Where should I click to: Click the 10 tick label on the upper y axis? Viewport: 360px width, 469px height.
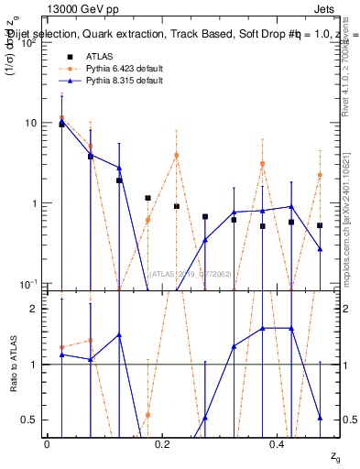point(31,124)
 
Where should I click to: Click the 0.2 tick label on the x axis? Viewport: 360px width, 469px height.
point(162,444)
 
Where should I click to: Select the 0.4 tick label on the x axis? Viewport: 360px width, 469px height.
point(278,444)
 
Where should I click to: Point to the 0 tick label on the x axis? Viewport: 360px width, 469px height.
point(47,444)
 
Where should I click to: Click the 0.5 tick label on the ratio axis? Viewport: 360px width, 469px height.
point(30,420)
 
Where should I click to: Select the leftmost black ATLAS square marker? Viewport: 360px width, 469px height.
point(61,123)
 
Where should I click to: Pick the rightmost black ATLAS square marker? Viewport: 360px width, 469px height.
point(320,225)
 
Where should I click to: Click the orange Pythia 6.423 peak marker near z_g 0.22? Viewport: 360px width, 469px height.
point(177,155)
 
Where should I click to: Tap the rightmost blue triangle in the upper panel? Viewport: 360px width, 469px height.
point(320,248)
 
